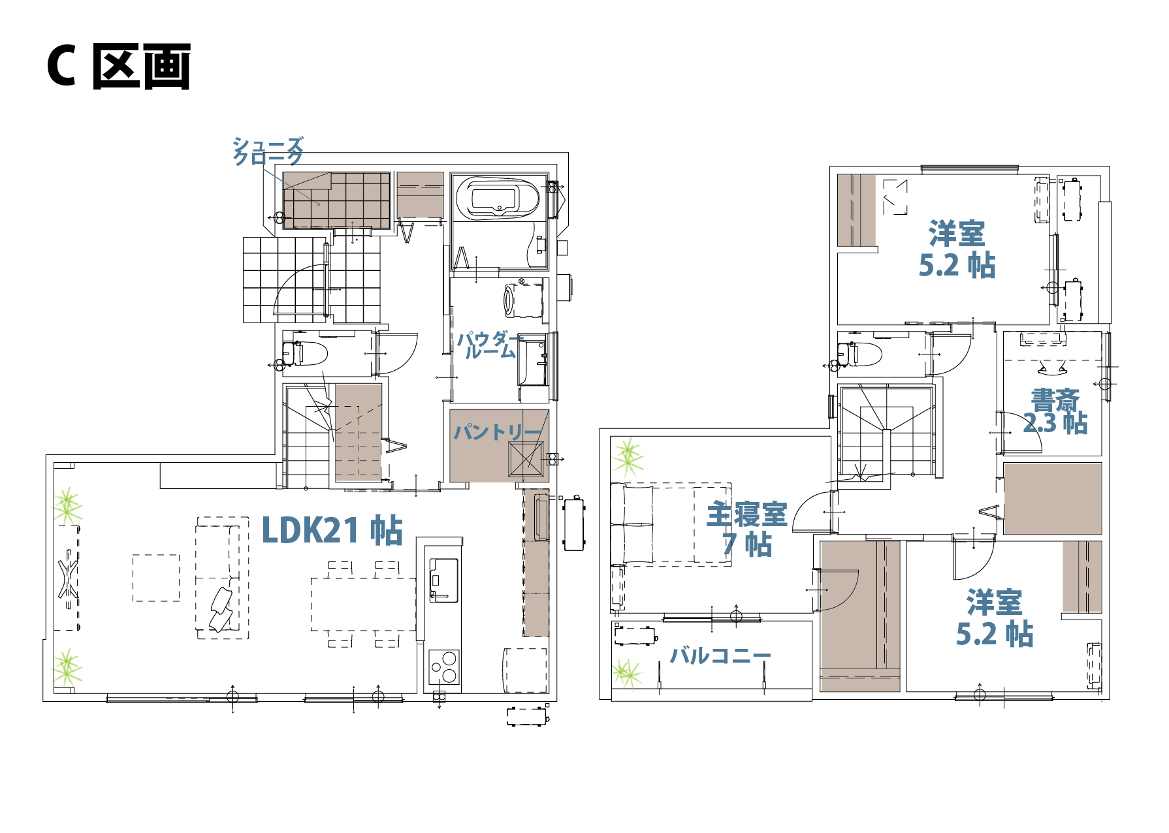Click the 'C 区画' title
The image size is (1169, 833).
(118, 66)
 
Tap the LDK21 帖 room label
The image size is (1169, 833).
(332, 529)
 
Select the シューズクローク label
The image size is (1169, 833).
(268, 151)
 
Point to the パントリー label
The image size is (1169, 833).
(498, 432)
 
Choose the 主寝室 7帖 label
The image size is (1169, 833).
(747, 529)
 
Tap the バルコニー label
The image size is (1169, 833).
(720, 655)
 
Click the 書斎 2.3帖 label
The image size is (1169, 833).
(1055, 412)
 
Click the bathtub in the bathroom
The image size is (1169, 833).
(498, 197)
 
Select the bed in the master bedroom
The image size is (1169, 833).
(671, 524)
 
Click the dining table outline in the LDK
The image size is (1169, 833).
(364, 604)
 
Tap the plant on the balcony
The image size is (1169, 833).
(628, 674)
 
